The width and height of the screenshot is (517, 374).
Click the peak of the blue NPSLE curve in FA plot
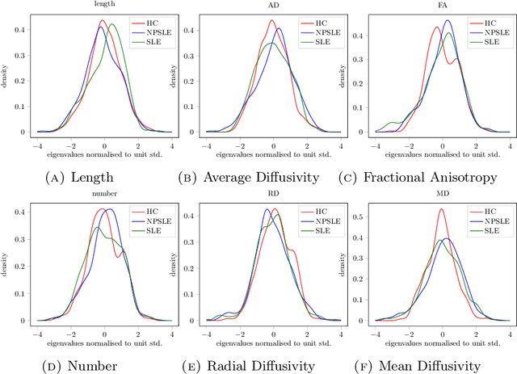tap(447, 21)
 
